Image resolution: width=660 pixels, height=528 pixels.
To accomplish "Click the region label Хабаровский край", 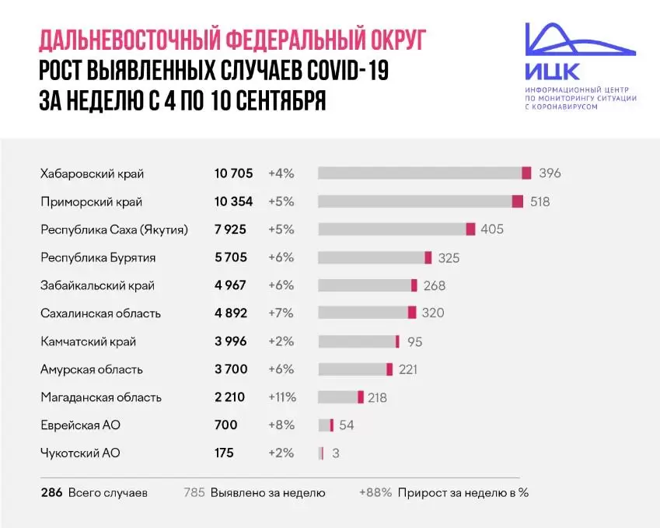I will tap(92, 173).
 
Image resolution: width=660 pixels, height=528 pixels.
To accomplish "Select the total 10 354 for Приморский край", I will tap(234, 201).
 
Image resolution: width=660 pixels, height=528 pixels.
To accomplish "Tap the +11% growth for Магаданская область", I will tap(282, 397).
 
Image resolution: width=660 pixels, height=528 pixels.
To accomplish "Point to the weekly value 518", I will tap(540, 201).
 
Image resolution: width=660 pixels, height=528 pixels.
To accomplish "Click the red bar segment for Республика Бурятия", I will tap(428, 257).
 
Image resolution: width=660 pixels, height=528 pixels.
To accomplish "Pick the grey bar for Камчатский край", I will tap(357, 341).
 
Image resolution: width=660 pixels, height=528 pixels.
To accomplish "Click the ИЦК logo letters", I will tap(551, 72).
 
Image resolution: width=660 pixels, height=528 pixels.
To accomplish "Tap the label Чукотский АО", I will tap(80, 453).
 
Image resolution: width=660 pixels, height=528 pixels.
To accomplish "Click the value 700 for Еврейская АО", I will tap(226, 425).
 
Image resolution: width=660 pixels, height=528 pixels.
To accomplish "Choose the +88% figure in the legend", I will tap(375, 492).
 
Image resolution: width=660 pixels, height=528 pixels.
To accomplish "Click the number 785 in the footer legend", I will tap(194, 492).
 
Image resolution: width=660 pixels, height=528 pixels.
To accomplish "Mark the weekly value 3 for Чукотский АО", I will tap(335, 453).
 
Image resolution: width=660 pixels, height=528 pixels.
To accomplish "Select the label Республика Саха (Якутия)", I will tap(117, 229).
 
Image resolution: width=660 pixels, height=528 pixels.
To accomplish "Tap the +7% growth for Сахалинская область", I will tap(281, 313).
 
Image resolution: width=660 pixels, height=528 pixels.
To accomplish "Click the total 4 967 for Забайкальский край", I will tap(230, 285).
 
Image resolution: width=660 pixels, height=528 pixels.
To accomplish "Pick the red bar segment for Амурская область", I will tap(389, 369).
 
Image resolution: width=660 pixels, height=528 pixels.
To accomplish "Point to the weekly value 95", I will tap(414, 341).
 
